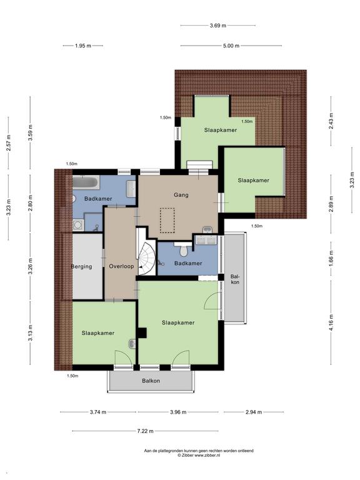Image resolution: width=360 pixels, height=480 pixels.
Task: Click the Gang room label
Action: pos(181,195)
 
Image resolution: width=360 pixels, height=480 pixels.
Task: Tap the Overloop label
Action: pos(121,266)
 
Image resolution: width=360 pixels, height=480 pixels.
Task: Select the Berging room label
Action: pos(81,267)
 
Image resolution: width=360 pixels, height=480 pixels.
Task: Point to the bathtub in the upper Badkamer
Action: pos(86,182)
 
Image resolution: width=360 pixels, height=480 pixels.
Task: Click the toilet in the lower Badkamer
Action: pos(184,249)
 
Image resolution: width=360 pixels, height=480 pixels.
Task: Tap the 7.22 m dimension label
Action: pos(145,431)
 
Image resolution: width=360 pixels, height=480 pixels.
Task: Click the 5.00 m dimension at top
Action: pos(231,46)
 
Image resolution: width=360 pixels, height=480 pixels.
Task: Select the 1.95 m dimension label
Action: pos(83,46)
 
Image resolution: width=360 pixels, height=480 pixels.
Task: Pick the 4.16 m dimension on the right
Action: pos(331,322)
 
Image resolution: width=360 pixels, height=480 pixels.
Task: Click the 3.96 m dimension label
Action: pos(178,412)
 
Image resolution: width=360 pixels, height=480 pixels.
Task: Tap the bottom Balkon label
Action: pos(151,381)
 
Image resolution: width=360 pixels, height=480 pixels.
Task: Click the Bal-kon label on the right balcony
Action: pos(235,279)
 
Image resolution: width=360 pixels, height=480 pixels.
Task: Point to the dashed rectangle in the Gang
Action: pos(167,221)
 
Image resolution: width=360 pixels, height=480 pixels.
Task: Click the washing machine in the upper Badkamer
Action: pos(78,225)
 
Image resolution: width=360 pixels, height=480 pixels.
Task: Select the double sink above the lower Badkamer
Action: pos(206,240)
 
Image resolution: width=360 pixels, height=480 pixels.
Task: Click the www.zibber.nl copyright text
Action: pos(199,455)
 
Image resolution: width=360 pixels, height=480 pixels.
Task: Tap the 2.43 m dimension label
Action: pos(331,121)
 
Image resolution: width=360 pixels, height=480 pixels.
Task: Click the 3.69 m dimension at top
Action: pos(218,26)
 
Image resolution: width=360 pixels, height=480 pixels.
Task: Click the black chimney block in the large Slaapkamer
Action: pos(142,333)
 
